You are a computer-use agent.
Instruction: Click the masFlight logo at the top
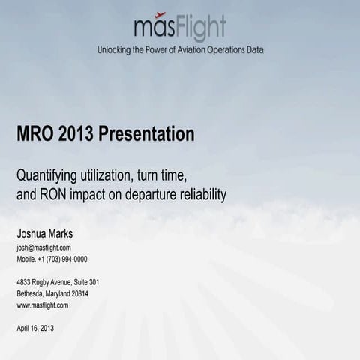pos(180,28)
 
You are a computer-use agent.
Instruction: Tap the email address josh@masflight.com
pos(43,247)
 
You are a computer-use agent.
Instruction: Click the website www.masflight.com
pos(42,305)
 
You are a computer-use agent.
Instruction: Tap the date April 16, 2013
pos(35,328)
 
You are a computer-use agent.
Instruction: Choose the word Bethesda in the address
pos(31,293)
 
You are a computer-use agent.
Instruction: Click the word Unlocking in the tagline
pos(115,50)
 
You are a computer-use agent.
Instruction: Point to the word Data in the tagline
pos(254,50)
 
